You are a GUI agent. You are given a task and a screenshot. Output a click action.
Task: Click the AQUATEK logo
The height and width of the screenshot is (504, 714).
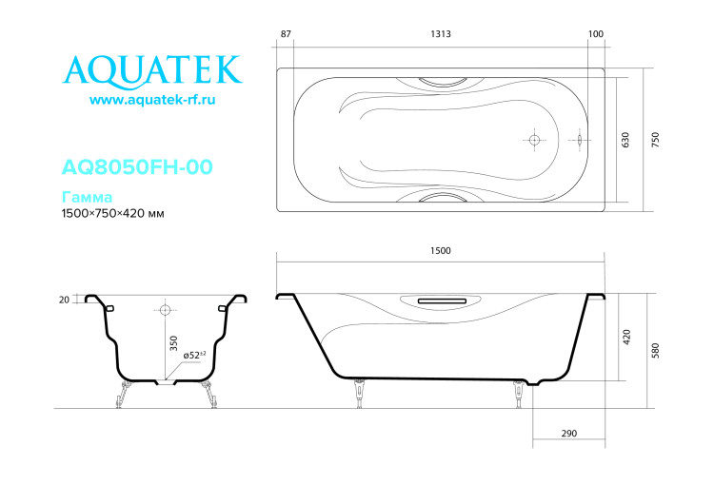(152, 69)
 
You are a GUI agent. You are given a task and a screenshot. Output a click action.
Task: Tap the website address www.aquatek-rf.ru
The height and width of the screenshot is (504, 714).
(152, 100)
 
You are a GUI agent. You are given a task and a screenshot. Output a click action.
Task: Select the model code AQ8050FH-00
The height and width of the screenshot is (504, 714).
(136, 167)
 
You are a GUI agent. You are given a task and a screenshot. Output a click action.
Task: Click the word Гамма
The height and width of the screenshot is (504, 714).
(87, 198)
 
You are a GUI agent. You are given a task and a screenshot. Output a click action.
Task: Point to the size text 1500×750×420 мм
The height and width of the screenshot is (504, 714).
(112, 214)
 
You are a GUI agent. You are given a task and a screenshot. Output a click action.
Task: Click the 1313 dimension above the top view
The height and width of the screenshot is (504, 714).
(440, 34)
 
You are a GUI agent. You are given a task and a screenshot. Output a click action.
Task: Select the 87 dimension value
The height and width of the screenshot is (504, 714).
(286, 34)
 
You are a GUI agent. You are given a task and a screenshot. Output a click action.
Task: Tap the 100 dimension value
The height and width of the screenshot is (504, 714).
(597, 34)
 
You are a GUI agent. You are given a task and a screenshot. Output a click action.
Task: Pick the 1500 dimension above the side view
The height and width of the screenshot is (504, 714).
(440, 251)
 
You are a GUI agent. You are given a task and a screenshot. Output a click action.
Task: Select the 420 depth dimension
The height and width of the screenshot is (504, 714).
(625, 336)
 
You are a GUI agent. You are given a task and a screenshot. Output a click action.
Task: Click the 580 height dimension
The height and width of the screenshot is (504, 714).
(655, 348)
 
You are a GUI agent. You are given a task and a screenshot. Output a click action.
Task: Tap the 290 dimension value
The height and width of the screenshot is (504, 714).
(568, 434)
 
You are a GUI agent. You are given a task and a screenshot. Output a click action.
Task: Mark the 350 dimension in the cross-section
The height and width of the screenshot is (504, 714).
(174, 342)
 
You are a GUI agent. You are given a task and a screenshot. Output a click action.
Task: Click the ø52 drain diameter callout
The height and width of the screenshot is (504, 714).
(196, 355)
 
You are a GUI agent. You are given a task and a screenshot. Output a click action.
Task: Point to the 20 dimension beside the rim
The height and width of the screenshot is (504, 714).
(64, 300)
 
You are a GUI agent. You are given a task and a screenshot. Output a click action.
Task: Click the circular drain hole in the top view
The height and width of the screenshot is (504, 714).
(534, 140)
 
